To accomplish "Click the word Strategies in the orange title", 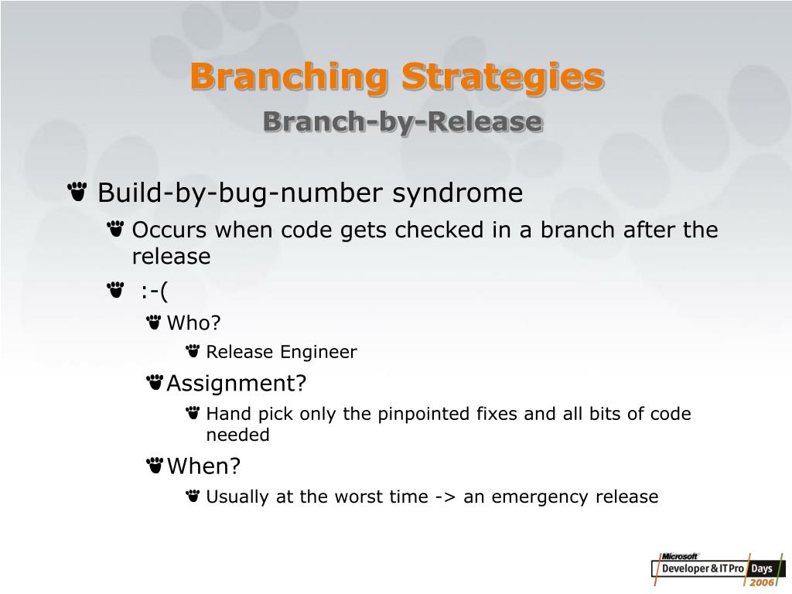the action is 503,77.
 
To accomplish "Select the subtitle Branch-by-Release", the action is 402,121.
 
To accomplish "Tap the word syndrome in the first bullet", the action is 458,193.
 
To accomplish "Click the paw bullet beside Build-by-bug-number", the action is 77,192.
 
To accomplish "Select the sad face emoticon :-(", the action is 154,292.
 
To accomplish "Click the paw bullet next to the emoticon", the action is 116,290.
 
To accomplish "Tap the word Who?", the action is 193,323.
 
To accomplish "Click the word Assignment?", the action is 237,383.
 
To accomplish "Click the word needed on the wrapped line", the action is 238,435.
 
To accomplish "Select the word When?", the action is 203,466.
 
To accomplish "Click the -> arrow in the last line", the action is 445,497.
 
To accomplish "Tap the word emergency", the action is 540,497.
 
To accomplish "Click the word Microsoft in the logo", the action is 679,556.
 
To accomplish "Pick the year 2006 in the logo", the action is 762,582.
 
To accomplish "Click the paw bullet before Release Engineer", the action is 193,350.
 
